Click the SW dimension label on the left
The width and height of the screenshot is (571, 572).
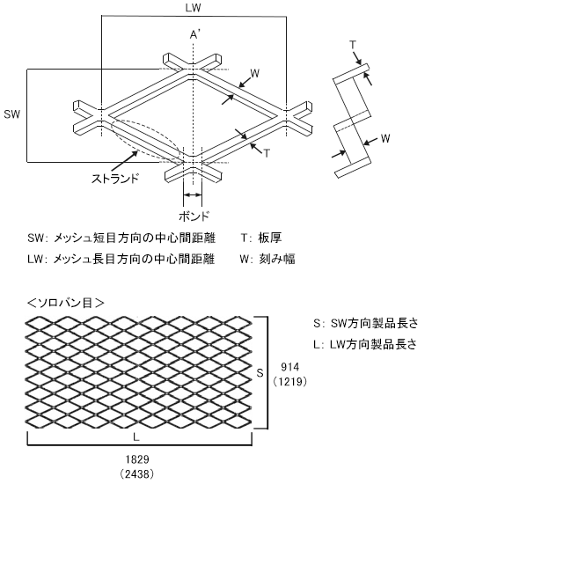coord(11,114)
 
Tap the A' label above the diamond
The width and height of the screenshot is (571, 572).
coord(196,34)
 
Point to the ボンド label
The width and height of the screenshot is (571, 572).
coord(194,216)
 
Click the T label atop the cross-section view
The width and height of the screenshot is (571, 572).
coord(353,44)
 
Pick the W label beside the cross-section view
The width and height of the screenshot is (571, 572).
coord(385,138)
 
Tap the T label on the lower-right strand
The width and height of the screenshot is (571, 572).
coord(267,152)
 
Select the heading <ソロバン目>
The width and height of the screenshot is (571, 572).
coord(66,302)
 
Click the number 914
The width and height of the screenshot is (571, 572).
coord(289,365)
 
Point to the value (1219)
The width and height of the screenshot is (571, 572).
coord(289,381)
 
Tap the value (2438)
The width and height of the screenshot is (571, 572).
coord(136,473)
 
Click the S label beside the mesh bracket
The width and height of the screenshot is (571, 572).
coord(260,373)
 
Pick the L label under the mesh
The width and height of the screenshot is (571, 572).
coord(136,436)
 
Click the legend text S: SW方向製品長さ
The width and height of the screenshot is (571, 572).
coord(364,324)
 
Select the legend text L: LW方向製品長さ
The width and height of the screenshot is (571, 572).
coord(364,344)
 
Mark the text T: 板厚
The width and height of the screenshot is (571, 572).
coord(260,238)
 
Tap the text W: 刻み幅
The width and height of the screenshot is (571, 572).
coord(267,259)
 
